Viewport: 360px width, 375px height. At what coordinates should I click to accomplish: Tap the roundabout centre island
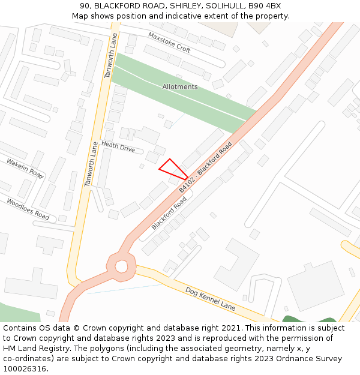pyautogui.click(x=122, y=265)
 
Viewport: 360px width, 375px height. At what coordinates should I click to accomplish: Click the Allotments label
pyautogui.click(x=180, y=87)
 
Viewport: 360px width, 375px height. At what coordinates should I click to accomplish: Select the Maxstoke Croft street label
pyautogui.click(x=169, y=43)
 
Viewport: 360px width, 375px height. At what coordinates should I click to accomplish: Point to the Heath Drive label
pyautogui.click(x=118, y=146)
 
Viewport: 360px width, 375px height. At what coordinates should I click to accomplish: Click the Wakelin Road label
pyautogui.click(x=25, y=169)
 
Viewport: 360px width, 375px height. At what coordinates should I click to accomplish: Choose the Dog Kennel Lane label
pyautogui.click(x=210, y=298)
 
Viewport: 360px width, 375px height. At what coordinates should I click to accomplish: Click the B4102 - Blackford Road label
pyautogui.click(x=205, y=167)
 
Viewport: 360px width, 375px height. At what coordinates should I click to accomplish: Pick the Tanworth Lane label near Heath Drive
pyautogui.click(x=91, y=164)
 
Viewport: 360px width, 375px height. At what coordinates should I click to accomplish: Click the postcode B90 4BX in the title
pyautogui.click(x=265, y=6)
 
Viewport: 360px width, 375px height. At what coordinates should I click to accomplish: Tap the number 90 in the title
pyautogui.click(x=85, y=6)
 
